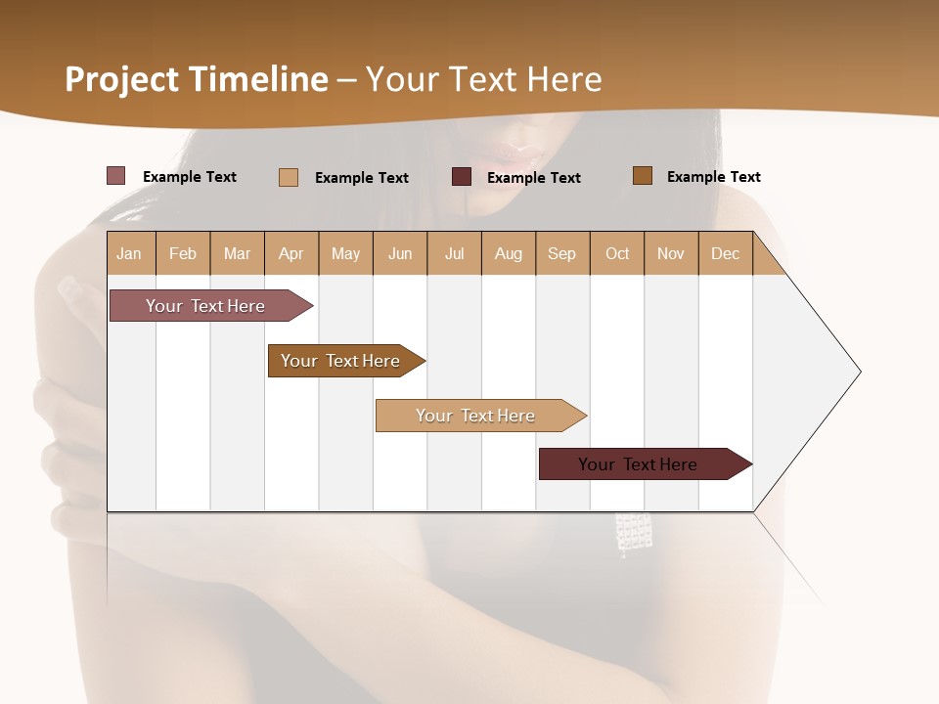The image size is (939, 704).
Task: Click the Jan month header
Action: click(x=129, y=253)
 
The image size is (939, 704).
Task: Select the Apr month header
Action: click(x=291, y=253)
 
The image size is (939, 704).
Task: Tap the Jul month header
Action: click(x=454, y=253)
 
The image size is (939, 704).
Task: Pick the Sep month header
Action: click(x=561, y=253)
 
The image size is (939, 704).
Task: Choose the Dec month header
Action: click(x=725, y=253)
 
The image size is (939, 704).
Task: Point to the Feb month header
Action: click(x=183, y=253)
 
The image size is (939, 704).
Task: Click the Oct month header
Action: click(x=617, y=253)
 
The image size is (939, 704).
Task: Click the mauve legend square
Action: click(x=115, y=176)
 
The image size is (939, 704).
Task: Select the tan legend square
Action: click(x=289, y=177)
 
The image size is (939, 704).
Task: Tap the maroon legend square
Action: click(x=462, y=176)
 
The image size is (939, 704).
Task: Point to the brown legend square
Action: click(x=642, y=176)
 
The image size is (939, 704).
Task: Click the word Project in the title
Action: click(x=121, y=79)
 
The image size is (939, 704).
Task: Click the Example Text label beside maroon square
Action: click(x=534, y=177)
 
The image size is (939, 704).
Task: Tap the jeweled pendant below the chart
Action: click(x=633, y=533)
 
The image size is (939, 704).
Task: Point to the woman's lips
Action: click(x=514, y=153)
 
